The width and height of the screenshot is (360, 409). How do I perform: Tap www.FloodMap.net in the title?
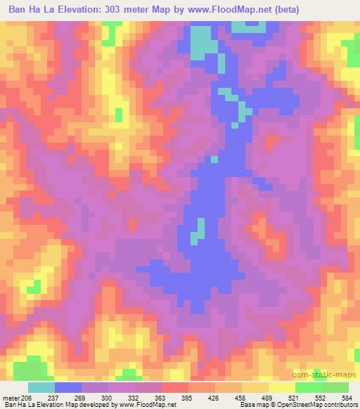pyautogui.click(x=263, y=10)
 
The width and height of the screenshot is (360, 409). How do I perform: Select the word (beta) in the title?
pyautogui.click(x=330, y=10)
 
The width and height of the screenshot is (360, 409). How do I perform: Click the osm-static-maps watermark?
pyautogui.click(x=329, y=376)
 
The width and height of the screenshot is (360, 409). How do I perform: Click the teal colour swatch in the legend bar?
pyautogui.click(x=41, y=387)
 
